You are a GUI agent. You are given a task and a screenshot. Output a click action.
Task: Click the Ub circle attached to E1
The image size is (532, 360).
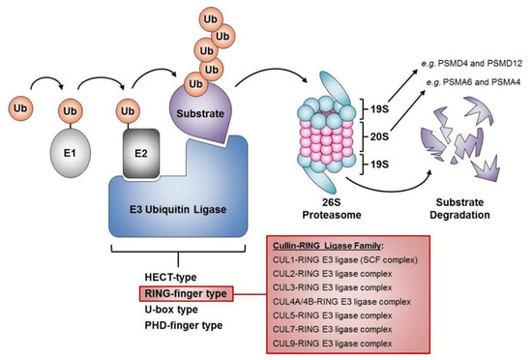click(68, 110)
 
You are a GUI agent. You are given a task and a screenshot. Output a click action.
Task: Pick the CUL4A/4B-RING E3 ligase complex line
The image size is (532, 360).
click(334, 301)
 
